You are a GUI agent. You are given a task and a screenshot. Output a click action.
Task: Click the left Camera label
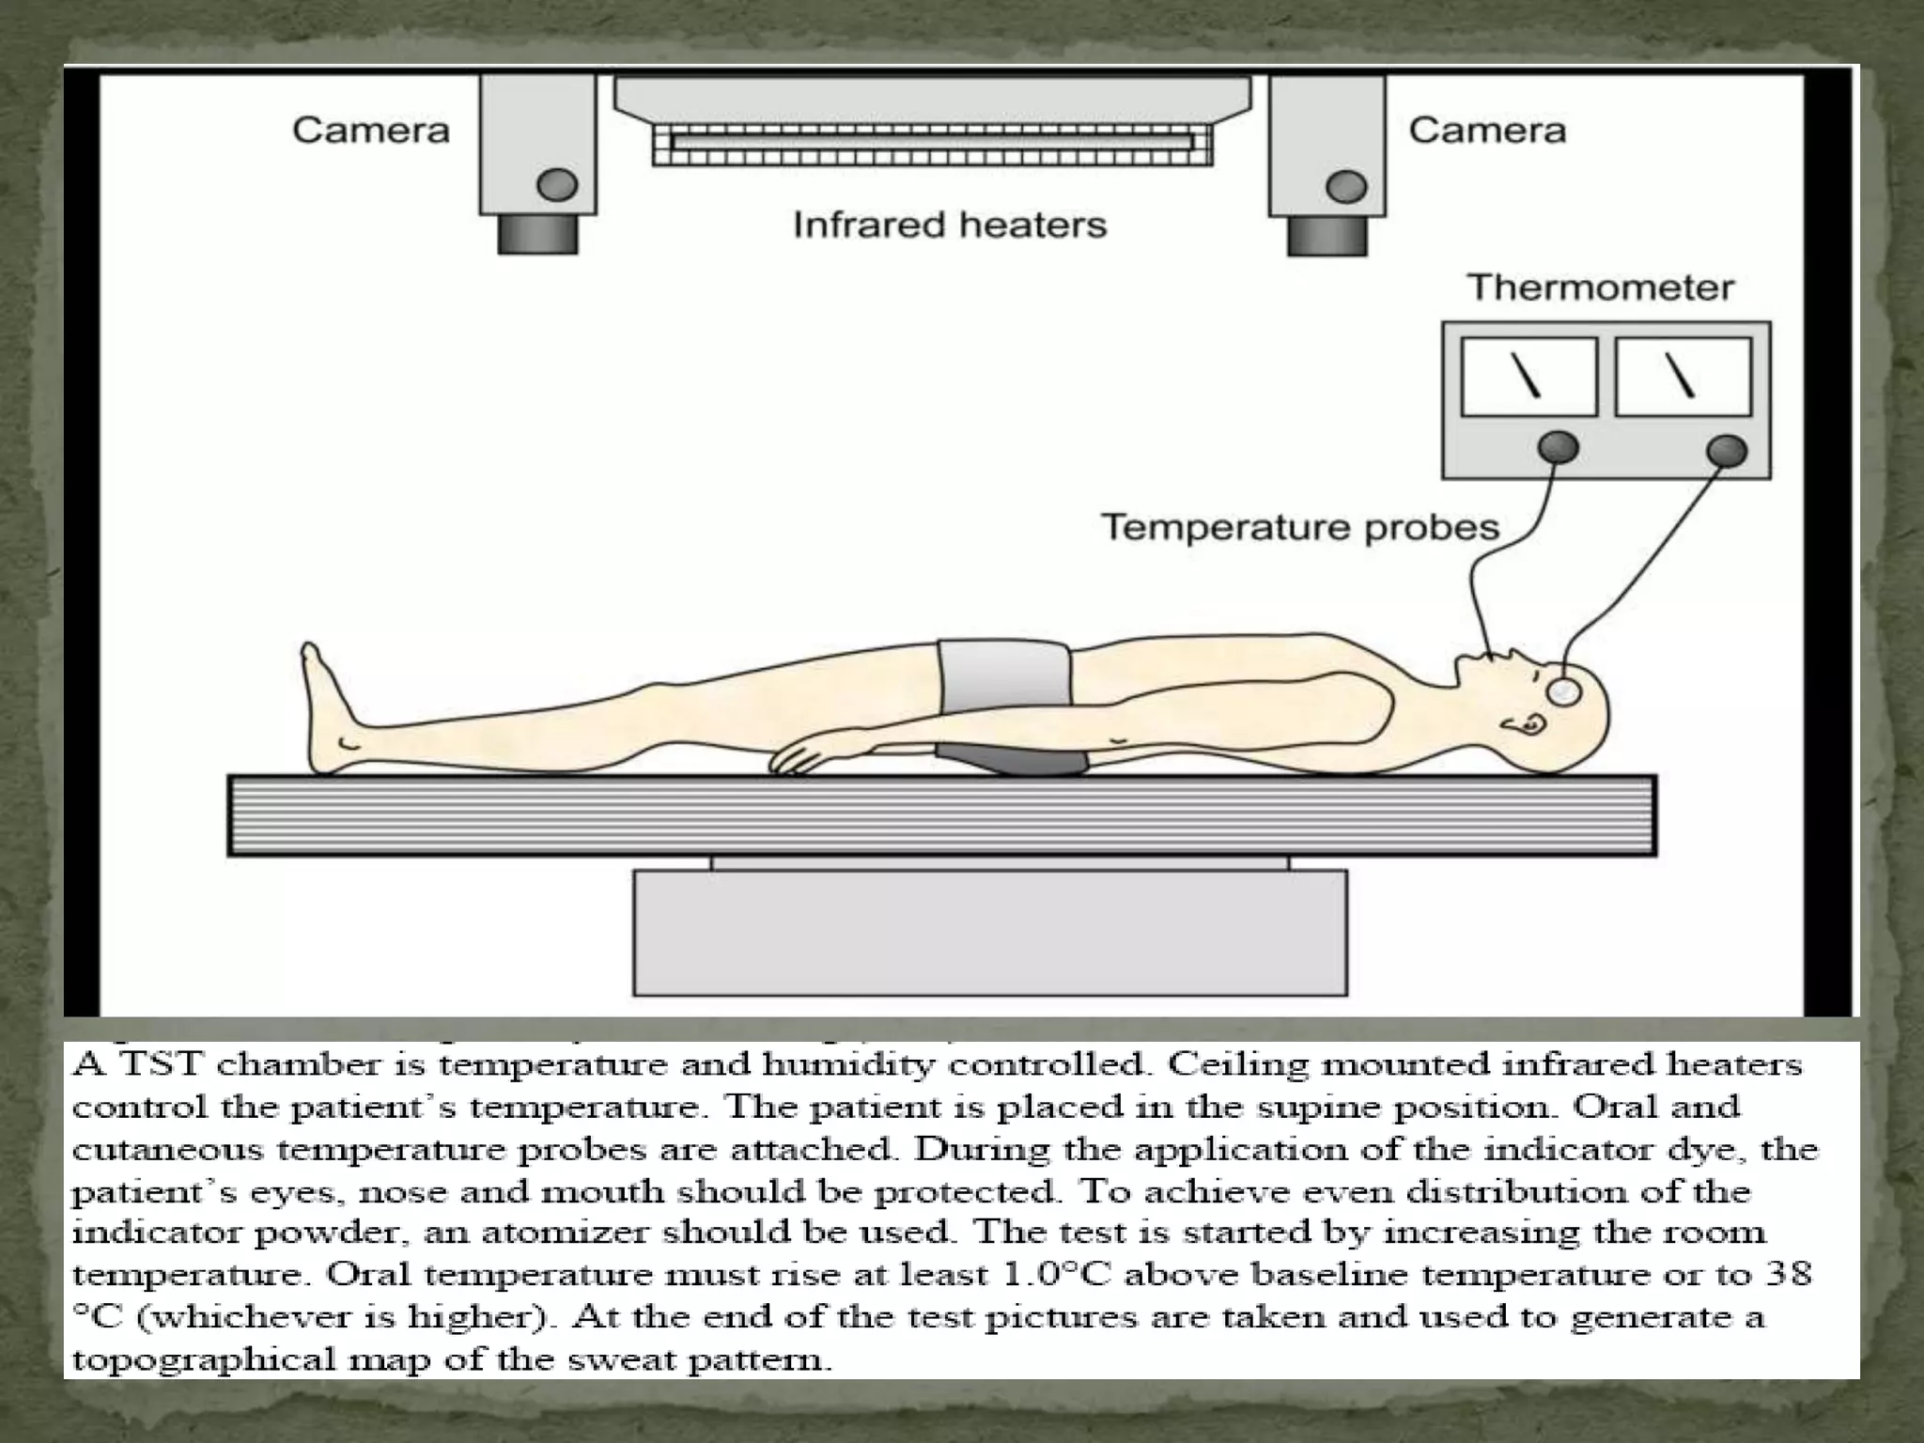pos(371,130)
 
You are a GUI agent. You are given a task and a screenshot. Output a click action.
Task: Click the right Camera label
pos(1487,130)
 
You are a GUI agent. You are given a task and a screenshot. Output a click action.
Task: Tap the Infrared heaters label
pos(950,225)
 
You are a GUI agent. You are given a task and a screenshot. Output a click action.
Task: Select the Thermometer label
pos(1601,287)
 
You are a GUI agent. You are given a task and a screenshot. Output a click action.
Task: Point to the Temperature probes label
pos(1300,527)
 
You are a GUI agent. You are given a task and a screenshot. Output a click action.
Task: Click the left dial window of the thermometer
pos(1529,376)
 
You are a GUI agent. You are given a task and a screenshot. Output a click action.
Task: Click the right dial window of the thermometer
pos(1683,376)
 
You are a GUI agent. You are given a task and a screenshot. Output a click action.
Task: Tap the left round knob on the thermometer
pos(1558,448)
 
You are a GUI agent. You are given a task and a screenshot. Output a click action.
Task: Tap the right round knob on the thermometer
pos(1726,450)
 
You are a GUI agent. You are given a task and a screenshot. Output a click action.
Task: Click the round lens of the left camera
pos(557,185)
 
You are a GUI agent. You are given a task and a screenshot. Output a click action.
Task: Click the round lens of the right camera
pos(1346,186)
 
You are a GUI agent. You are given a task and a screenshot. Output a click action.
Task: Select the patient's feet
pos(324,705)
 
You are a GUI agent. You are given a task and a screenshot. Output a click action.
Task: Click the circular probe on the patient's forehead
pos(1564,690)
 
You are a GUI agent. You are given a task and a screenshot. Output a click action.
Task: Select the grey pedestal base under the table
pos(989,932)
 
